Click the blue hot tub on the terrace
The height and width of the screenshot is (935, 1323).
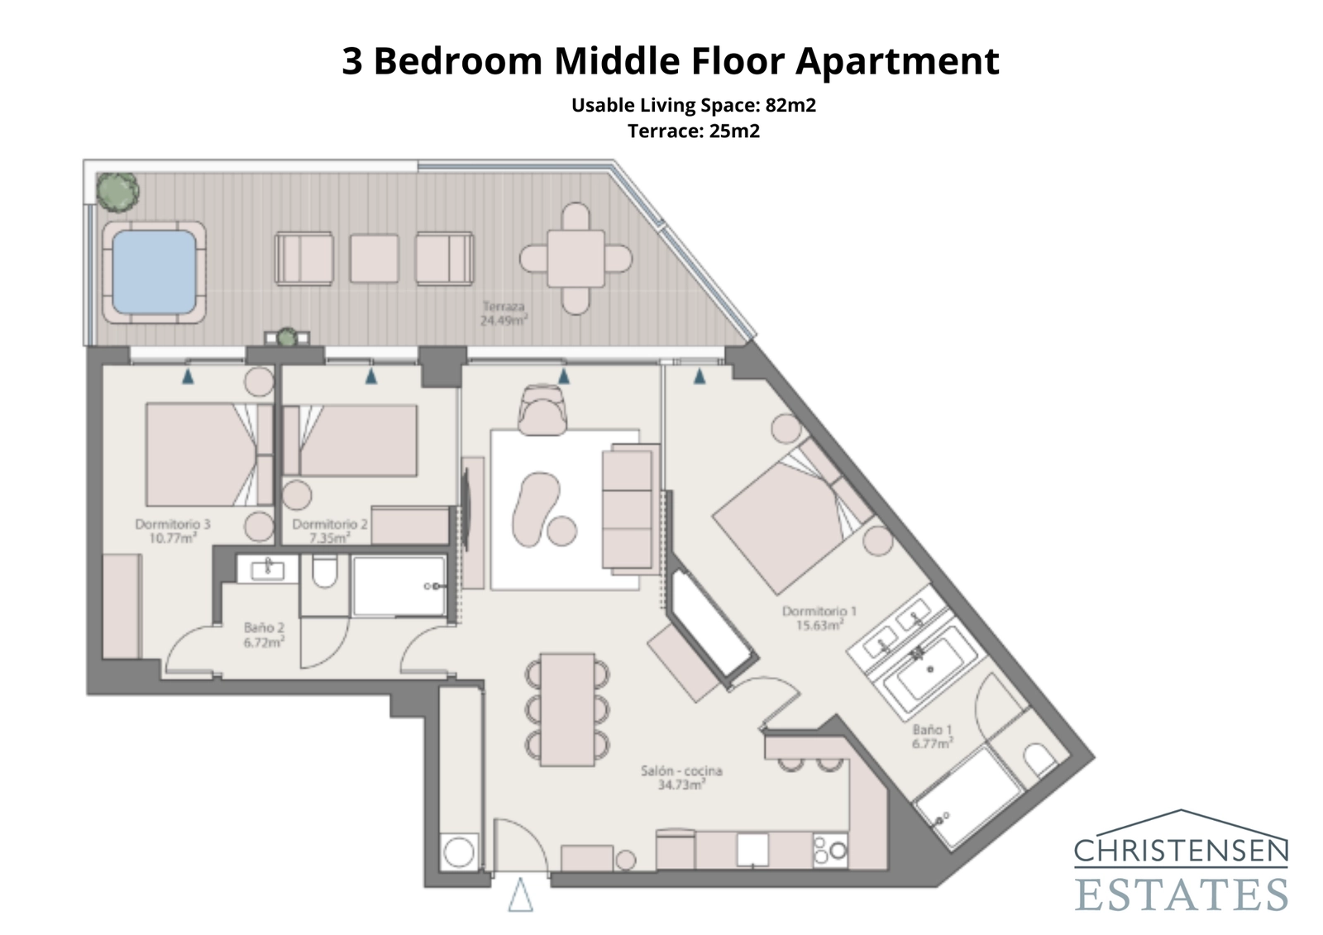154,272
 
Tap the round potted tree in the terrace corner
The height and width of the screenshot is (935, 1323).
117,191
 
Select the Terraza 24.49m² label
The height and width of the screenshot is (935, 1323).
504,313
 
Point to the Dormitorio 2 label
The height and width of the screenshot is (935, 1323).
329,530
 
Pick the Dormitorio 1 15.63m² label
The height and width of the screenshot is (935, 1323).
819,618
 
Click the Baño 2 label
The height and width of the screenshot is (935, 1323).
264,634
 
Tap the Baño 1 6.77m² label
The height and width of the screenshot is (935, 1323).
933,737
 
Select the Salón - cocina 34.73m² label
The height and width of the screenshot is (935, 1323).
681,777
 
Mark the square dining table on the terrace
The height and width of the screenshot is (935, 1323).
576,259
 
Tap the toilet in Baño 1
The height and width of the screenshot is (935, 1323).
1037,759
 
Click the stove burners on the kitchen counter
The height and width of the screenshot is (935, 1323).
830,850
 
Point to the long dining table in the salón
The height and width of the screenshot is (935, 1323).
567,709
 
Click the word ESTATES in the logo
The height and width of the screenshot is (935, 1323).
1181,894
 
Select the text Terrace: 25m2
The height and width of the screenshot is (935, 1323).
693,131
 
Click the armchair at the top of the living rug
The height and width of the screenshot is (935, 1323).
543,411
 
